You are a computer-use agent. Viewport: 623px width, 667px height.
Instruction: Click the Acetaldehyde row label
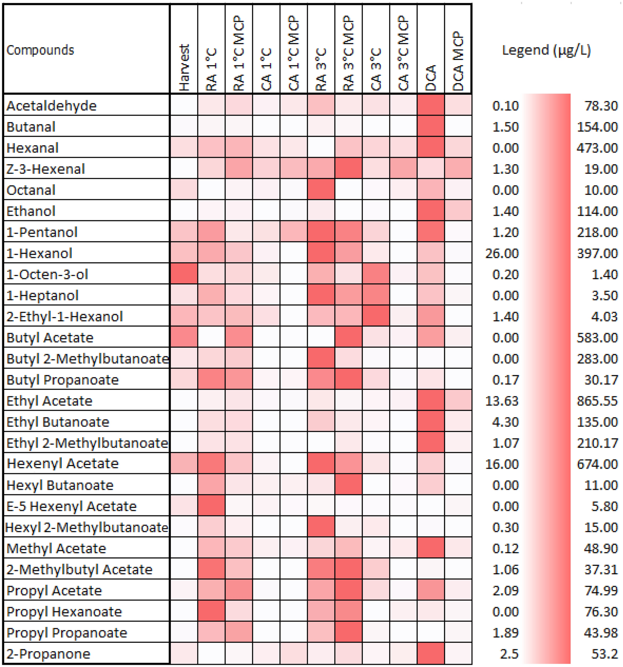(x=51, y=106)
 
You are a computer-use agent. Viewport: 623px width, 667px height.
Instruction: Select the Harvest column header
(x=184, y=68)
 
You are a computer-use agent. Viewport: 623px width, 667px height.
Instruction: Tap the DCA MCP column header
(x=458, y=60)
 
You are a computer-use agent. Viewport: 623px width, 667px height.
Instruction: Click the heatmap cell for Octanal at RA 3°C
(x=321, y=189)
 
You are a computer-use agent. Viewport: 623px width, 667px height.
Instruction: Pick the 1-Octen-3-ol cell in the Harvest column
(x=184, y=274)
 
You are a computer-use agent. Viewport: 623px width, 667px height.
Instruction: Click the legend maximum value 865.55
(x=597, y=400)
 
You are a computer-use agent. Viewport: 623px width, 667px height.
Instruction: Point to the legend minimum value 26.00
(x=502, y=253)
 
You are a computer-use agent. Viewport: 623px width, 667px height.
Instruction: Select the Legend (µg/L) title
(x=546, y=50)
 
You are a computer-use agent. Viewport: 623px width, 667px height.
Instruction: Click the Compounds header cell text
(x=40, y=50)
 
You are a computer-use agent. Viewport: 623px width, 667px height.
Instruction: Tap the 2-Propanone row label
(x=48, y=654)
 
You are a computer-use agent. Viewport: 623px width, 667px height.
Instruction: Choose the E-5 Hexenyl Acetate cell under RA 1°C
(x=211, y=506)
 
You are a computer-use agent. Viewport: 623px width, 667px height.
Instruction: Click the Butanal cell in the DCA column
(x=431, y=126)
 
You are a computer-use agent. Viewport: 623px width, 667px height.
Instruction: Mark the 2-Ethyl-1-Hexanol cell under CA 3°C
(x=376, y=316)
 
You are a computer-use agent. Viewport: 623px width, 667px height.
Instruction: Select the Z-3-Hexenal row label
(x=46, y=169)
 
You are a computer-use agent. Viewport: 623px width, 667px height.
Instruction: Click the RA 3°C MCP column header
(x=348, y=53)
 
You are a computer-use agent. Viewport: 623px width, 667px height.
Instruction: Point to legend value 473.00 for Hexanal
(x=597, y=147)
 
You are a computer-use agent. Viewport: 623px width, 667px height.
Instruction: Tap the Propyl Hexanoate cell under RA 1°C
(x=211, y=611)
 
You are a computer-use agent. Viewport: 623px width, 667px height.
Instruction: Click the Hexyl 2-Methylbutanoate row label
(x=87, y=527)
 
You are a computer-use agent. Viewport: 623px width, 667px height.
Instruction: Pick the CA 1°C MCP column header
(x=293, y=53)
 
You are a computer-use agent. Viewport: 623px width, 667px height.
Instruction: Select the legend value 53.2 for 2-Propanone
(x=605, y=654)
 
